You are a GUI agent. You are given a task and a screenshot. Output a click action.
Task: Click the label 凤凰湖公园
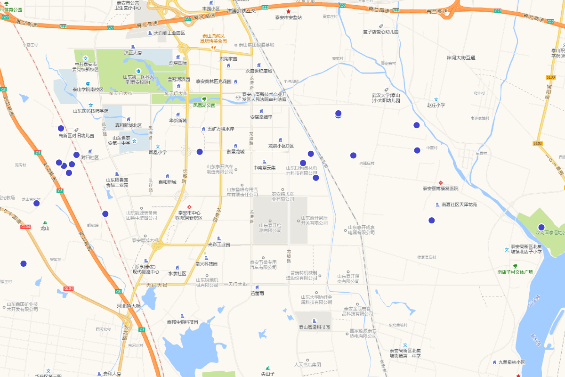tap(204, 106)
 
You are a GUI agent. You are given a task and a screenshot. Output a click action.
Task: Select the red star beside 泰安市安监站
tap(289, 11)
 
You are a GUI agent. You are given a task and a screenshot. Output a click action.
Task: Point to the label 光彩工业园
tap(219, 245)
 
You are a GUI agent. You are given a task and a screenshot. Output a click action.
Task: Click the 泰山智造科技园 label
tap(315, 327)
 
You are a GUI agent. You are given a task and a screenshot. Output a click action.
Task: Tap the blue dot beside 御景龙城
tap(200, 152)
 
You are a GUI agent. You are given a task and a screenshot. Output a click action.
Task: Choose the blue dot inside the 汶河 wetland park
tap(541, 227)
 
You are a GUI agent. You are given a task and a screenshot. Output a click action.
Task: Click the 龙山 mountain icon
tap(45, 222)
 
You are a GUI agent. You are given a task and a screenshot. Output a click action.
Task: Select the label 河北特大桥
tap(129, 306)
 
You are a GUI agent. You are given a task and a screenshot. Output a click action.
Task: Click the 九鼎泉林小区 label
tap(512, 362)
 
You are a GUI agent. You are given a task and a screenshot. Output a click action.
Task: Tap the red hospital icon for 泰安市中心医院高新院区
tap(189, 207)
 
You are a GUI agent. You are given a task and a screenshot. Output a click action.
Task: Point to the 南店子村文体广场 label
tap(515, 272)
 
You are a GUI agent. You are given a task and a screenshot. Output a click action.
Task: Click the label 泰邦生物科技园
tap(182, 322)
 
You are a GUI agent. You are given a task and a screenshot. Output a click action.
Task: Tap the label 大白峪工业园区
tap(169, 33)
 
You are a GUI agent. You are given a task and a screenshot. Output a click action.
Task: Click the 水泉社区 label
tap(178, 273)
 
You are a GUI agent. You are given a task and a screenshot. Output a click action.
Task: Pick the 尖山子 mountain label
tap(267, 374)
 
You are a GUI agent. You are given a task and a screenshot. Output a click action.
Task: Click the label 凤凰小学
tap(158, 152)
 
